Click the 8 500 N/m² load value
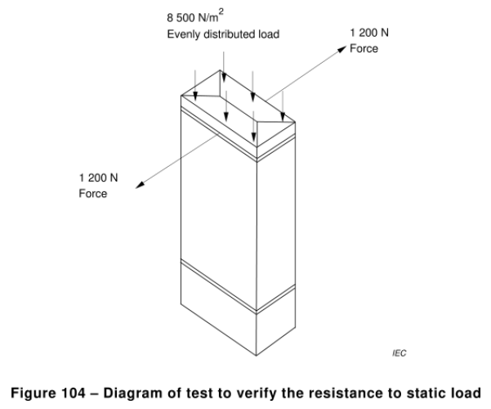coord(195,16)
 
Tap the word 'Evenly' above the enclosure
coord(184,34)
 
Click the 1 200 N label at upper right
coord(369,33)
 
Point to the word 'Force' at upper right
coord(364,48)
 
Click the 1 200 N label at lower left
coord(98,178)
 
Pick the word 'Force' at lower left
coord(92,194)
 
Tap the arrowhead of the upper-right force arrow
coord(342,48)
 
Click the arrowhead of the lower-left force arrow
coord(140,186)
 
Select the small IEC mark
coord(399,353)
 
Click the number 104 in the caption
coord(73,393)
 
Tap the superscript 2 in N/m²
coord(221,12)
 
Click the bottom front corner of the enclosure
coord(257,356)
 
